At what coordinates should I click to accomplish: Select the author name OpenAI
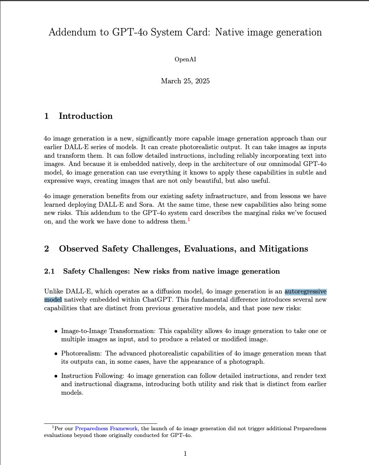185,59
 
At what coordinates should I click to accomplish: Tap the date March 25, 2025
185,81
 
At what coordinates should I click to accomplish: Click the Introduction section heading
86,116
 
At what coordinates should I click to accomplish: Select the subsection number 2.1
49,271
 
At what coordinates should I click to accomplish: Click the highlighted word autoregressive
305,292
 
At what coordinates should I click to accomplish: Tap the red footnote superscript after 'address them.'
189,220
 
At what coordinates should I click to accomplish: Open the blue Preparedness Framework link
107,429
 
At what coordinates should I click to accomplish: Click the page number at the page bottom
185,454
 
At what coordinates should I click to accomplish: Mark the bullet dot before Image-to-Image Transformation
56,331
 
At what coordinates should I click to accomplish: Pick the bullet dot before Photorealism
56,354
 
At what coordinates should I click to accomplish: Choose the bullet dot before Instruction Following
56,376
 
